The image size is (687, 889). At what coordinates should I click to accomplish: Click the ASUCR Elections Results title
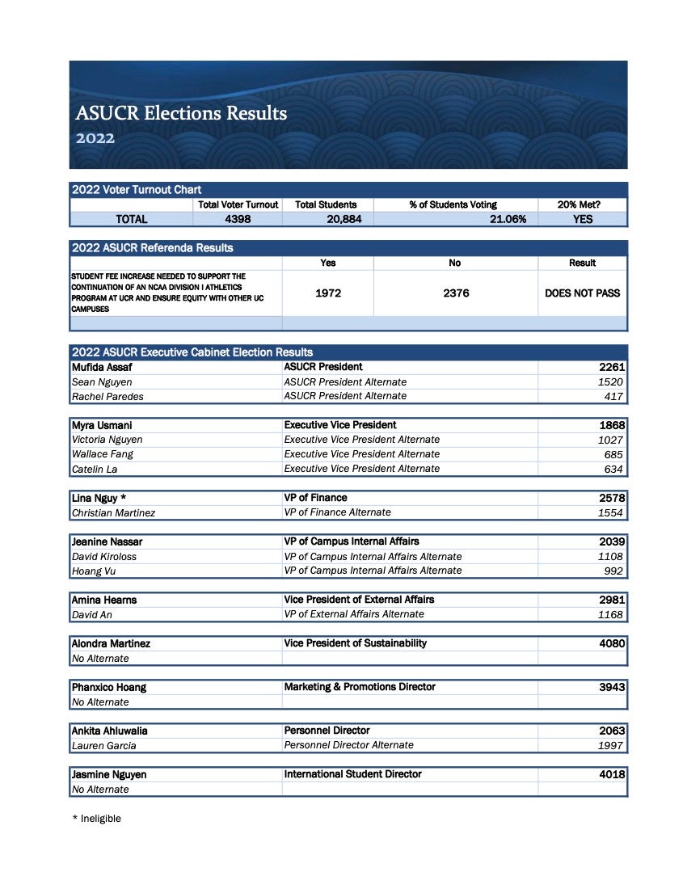point(181,113)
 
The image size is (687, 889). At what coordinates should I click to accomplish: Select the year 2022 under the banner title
point(95,138)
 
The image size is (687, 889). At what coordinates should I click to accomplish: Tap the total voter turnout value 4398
point(238,219)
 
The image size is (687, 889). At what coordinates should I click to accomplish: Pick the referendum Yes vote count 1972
point(327,293)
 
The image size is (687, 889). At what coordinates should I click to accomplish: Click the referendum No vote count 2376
point(455,293)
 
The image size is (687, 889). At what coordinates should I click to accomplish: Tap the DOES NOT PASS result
point(582,293)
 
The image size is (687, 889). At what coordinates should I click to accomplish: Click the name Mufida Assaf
point(96,367)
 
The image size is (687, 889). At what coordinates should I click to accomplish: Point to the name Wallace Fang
point(103,454)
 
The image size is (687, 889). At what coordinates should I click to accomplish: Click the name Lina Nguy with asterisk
point(99,498)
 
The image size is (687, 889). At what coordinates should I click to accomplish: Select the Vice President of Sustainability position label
point(356,643)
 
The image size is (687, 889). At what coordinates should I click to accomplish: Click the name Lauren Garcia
point(103,746)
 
